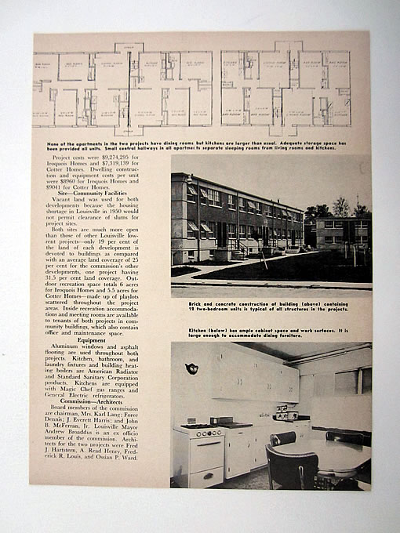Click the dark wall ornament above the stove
pyautogui.click(x=191, y=368)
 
